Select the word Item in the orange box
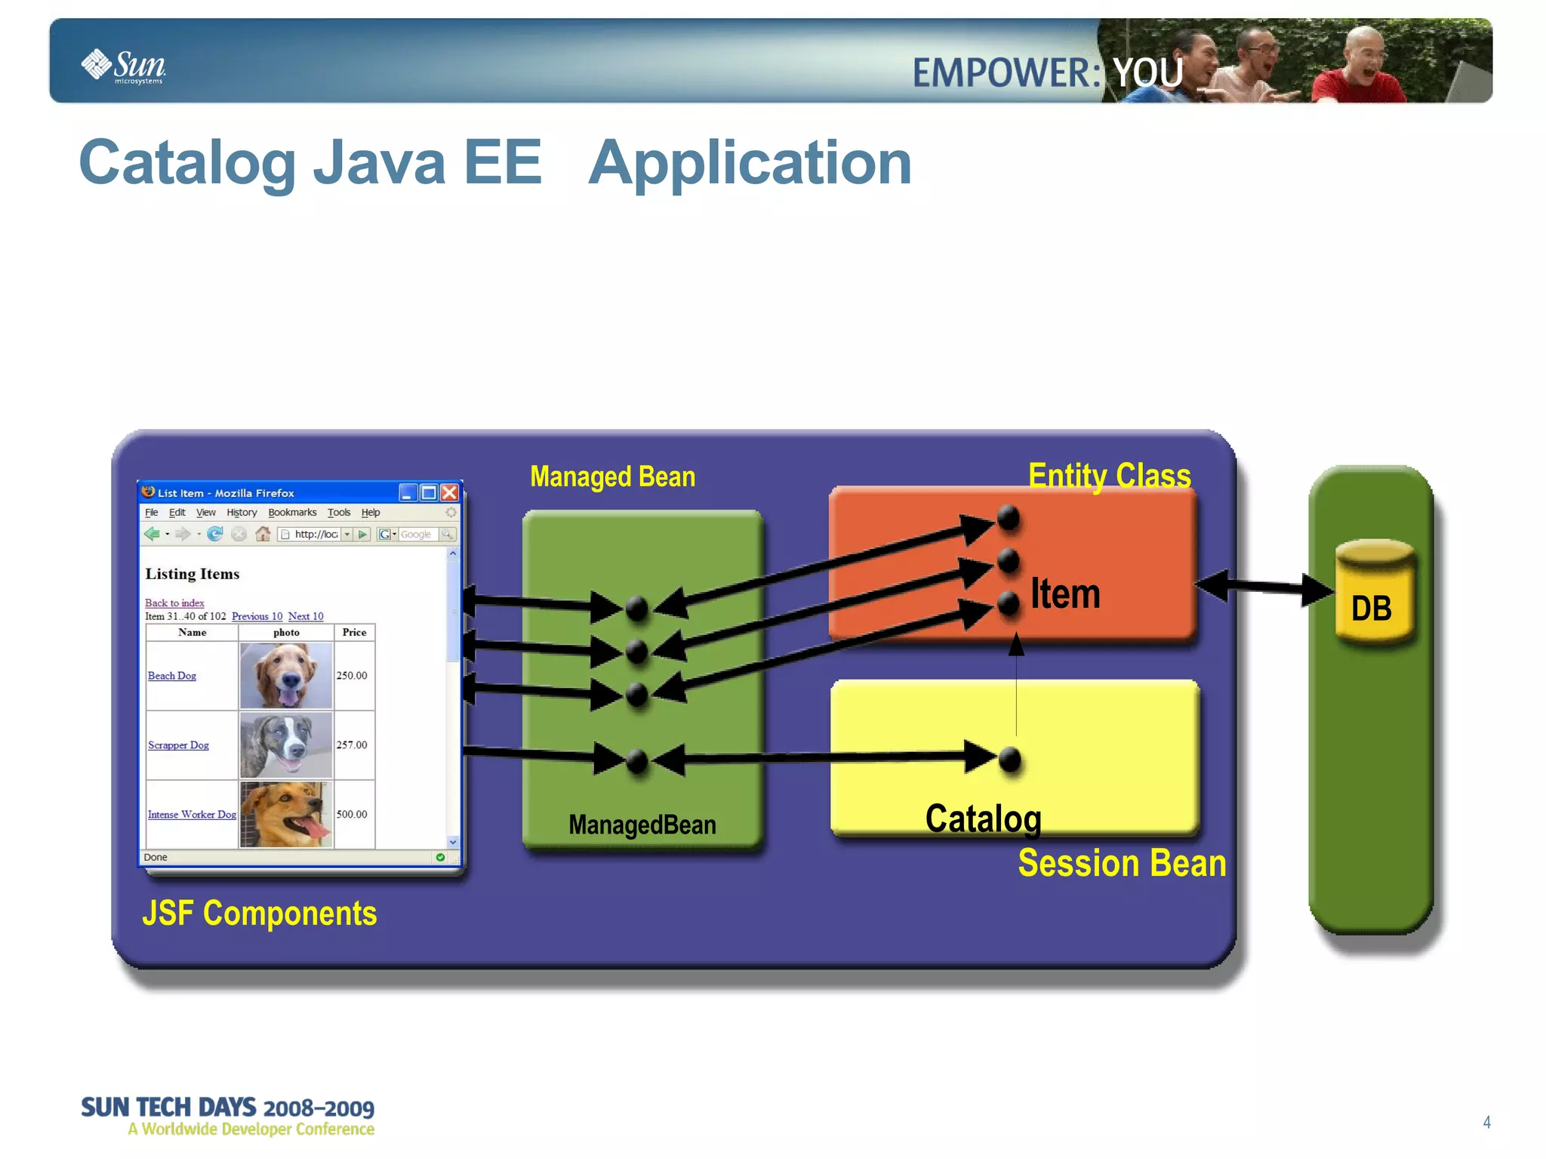point(1065,593)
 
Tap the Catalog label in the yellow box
point(983,818)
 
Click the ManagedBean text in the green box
point(642,825)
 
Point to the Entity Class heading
point(1109,476)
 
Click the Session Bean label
point(1122,863)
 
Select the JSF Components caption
point(259,913)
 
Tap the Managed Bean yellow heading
point(612,476)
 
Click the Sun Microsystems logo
point(125,66)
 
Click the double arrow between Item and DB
point(1264,587)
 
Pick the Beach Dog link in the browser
point(172,676)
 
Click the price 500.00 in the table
point(352,814)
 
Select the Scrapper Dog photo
point(285,745)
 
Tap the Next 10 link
point(305,616)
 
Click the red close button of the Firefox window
point(449,493)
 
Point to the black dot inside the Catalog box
point(1009,760)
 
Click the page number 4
point(1486,1122)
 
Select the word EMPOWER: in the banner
point(1006,73)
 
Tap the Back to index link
point(174,603)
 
